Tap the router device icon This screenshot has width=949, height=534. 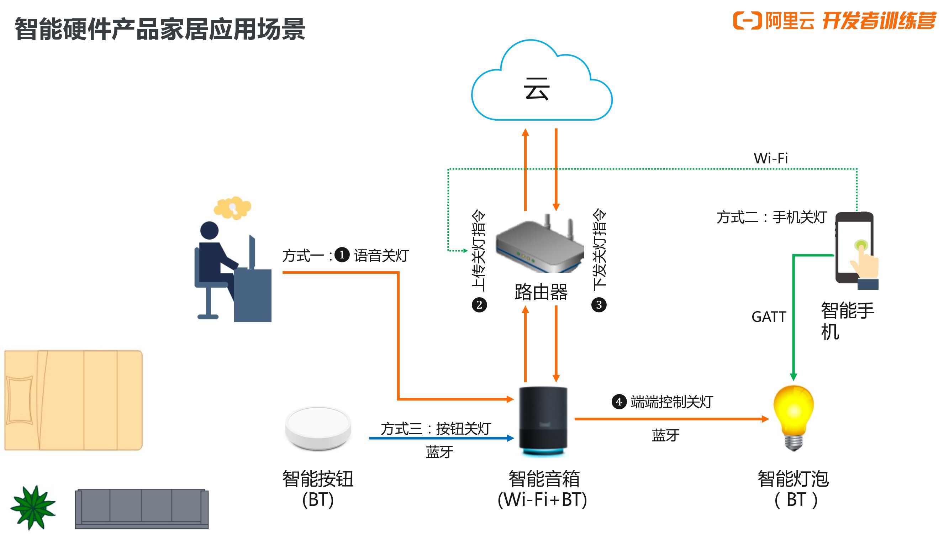click(539, 245)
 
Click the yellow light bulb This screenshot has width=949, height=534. click(794, 417)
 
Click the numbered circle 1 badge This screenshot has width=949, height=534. click(342, 255)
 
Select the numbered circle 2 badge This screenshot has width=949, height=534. click(479, 305)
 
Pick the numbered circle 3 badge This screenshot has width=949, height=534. click(599, 305)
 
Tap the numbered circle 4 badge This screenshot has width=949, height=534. click(618, 401)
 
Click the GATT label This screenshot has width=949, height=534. click(769, 317)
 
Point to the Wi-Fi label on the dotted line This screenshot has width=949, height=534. click(770, 158)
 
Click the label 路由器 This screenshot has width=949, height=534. click(541, 292)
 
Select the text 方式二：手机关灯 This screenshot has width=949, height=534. click(771, 217)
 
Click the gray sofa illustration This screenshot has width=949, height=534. click(142, 509)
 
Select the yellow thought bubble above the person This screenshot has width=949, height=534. click(233, 208)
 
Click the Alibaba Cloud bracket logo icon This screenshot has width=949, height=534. click(747, 20)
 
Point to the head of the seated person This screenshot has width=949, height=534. click(209, 230)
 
